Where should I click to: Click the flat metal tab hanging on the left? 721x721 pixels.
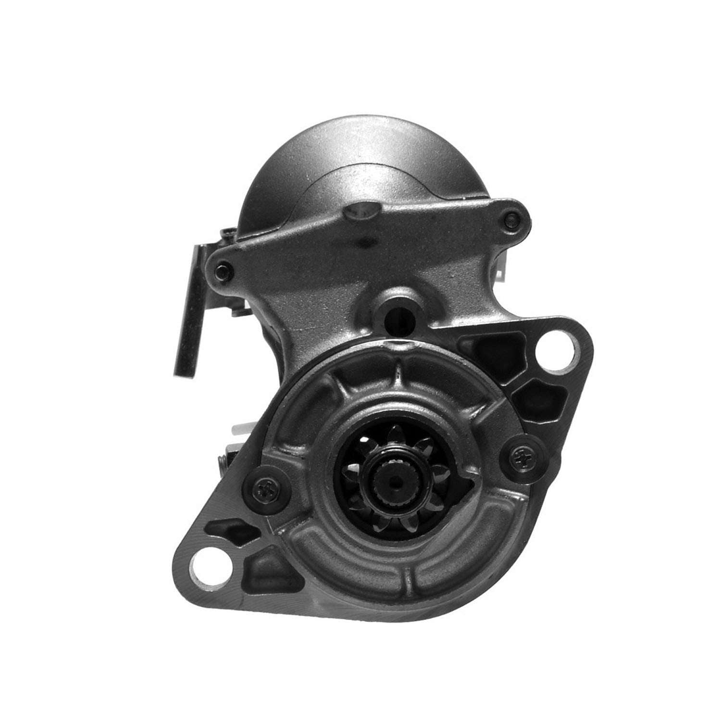tap(189, 312)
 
